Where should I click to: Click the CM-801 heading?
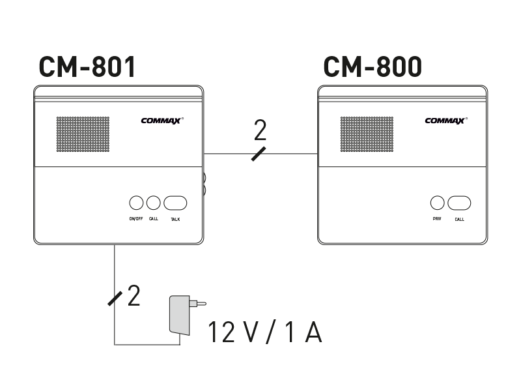87,67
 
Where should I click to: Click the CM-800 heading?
372,67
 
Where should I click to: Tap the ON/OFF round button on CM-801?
136,203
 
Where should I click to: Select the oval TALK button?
175,203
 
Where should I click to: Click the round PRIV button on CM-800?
437,203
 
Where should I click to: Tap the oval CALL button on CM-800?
459,203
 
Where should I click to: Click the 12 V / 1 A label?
265,332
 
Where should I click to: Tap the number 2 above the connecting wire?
260,131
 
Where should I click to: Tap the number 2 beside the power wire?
134,296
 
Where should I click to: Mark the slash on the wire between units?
259,154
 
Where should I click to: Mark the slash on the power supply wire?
115,298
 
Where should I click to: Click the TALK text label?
175,220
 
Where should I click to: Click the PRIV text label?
437,219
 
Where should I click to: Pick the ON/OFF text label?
136,219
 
